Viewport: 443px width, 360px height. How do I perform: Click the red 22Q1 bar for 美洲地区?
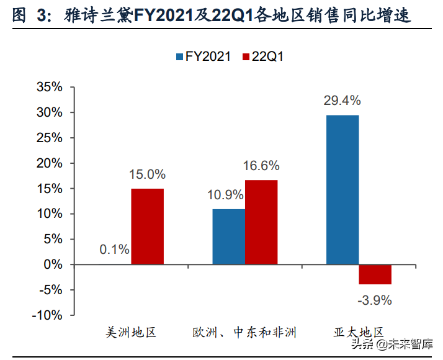click(147, 227)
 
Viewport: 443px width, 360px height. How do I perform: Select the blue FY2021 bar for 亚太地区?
click(342, 190)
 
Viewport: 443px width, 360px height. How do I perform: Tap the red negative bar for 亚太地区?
click(375, 274)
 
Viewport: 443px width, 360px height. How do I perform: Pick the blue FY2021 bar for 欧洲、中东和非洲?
click(228, 236)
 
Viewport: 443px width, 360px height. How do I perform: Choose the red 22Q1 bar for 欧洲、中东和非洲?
click(261, 222)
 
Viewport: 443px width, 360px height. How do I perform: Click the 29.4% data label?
click(342, 101)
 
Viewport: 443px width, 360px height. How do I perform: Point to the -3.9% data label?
click(375, 300)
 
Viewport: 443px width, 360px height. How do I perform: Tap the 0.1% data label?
click(114, 250)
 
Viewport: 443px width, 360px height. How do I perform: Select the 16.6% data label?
click(261, 166)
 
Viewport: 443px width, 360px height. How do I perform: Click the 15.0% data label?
click(147, 174)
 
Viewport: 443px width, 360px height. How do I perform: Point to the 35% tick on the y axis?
click(48, 88)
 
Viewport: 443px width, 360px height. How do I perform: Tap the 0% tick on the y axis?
click(52, 264)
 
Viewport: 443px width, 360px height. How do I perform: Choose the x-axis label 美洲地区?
click(130, 332)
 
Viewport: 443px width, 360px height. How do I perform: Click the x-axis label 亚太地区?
click(359, 332)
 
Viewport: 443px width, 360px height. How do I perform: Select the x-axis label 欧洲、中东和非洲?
click(244, 332)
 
